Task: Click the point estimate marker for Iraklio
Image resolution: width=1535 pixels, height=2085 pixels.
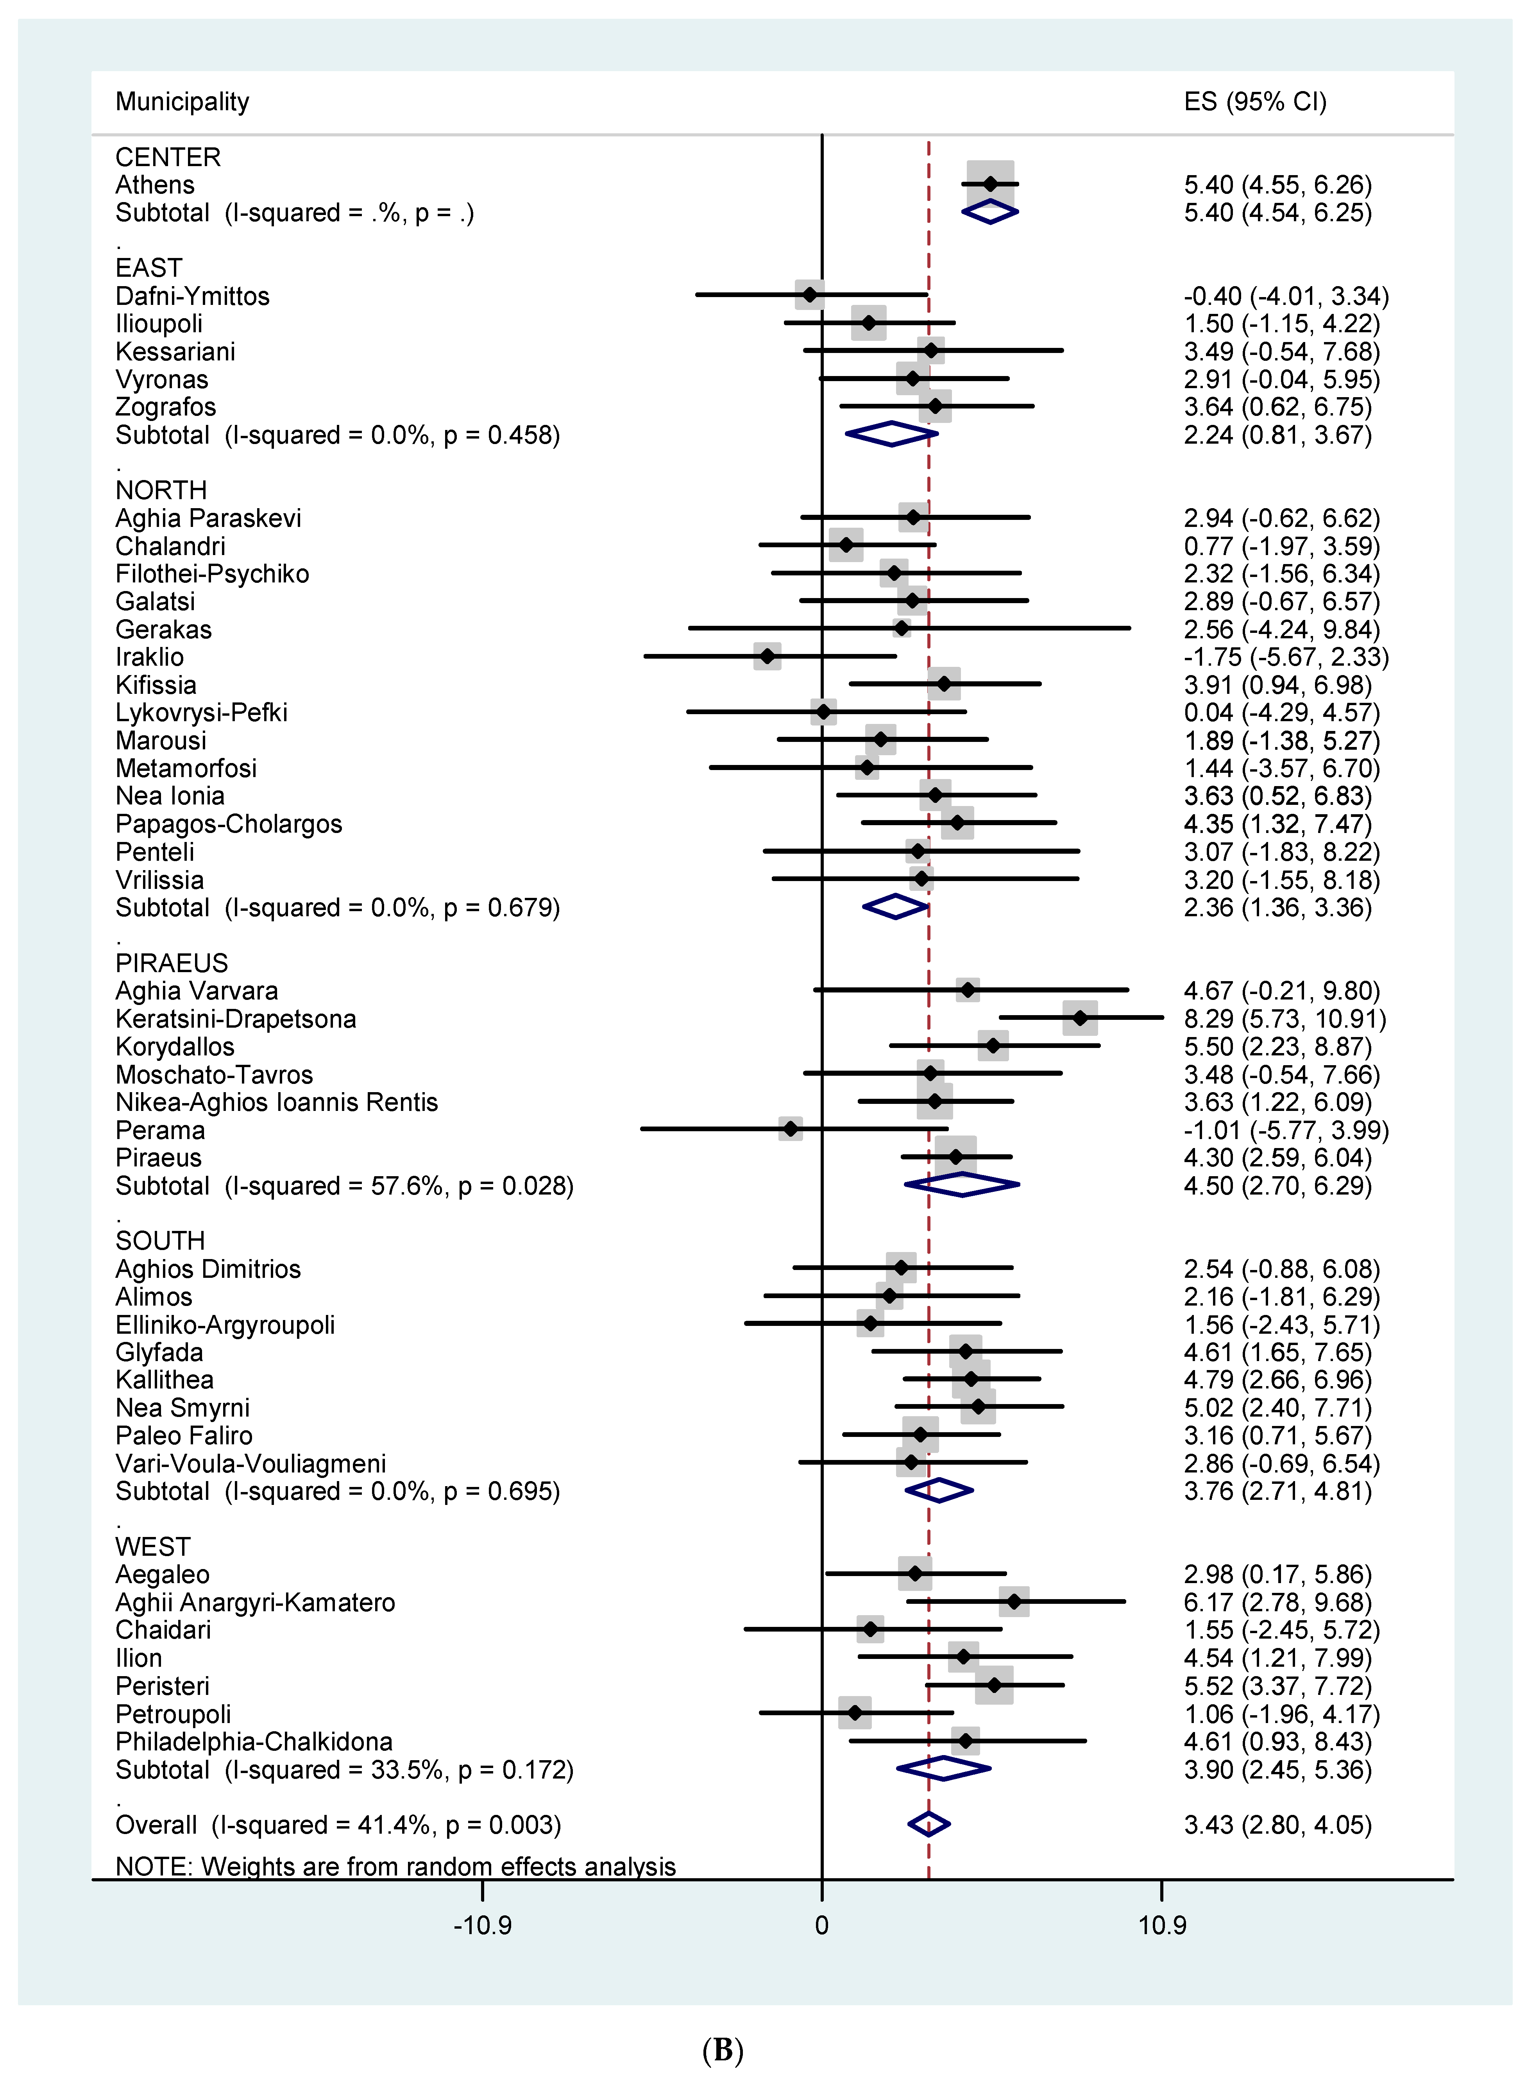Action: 767,656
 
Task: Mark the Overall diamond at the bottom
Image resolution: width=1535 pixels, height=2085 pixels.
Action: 928,1824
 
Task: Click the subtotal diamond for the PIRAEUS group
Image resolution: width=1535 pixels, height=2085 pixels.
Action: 963,1185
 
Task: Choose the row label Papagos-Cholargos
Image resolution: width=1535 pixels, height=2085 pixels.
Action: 229,824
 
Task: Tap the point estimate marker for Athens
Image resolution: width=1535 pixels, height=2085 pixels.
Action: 991,184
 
